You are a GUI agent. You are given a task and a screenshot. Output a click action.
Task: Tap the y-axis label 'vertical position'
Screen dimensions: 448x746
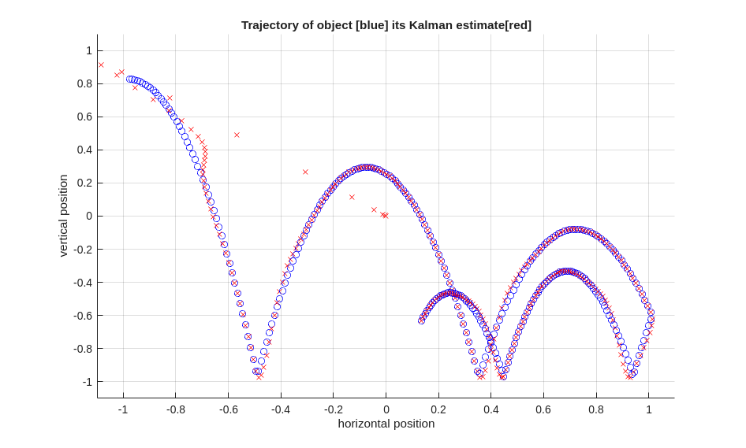[x=64, y=216]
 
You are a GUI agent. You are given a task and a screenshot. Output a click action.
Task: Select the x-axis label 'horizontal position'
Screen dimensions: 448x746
[x=386, y=424]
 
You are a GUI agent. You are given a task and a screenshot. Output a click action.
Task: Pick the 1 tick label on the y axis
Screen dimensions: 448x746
[x=89, y=50]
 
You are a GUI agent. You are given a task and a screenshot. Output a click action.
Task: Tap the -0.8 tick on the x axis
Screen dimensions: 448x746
[x=176, y=409]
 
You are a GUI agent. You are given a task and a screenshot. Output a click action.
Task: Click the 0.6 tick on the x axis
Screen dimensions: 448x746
[x=543, y=409]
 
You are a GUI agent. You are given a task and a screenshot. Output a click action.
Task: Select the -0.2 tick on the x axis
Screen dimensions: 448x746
[x=334, y=409]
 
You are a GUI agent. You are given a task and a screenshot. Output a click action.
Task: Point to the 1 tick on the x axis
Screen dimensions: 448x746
[x=649, y=409]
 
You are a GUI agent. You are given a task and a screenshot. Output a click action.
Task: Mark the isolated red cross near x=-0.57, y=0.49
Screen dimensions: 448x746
[x=237, y=135]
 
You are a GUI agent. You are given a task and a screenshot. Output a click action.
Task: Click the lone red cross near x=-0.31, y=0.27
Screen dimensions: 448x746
[x=305, y=172]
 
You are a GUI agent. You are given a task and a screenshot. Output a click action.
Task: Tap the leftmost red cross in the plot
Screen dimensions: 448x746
[x=101, y=65]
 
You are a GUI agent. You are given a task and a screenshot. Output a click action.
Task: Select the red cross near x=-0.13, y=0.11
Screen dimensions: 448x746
[x=352, y=197]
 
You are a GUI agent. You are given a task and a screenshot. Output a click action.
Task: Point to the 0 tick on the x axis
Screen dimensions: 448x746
[x=386, y=409]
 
